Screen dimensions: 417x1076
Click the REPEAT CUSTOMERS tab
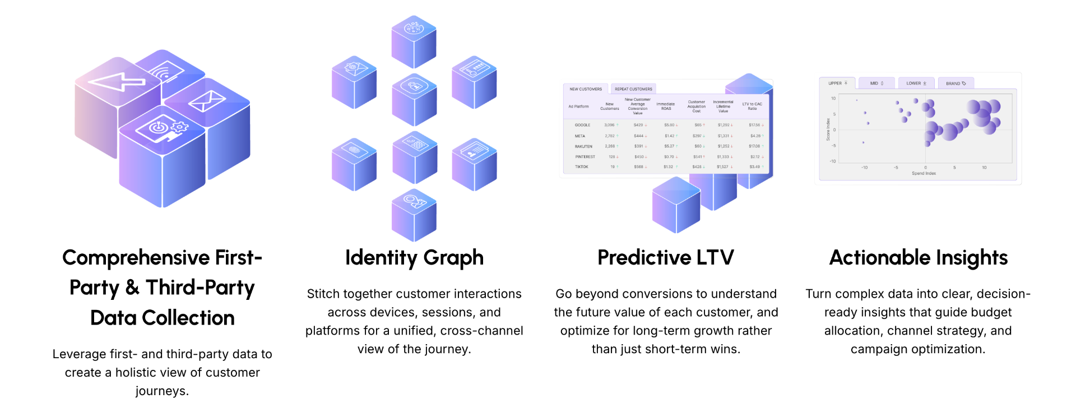[x=633, y=89]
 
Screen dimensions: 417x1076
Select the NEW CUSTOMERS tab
[x=586, y=89]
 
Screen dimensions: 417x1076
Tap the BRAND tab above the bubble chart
[x=956, y=84]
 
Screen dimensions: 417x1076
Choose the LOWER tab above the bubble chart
[x=916, y=84]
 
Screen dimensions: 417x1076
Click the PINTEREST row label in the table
[x=585, y=157]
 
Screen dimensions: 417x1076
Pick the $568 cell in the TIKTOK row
[x=638, y=167]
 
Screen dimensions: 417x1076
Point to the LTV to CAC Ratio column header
[x=752, y=106]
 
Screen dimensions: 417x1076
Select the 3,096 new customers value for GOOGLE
[x=609, y=125]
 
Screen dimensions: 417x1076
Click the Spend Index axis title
[x=924, y=174]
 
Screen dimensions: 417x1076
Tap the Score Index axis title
[x=828, y=129]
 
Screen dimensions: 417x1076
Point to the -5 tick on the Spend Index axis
[x=896, y=168]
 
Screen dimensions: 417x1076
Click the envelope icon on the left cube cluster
[x=206, y=102]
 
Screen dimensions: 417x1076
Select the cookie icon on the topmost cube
[x=414, y=27]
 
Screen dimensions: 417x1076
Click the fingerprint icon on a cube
[x=354, y=150]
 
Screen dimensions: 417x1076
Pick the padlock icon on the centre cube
[x=414, y=86]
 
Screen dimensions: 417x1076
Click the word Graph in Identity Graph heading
[x=453, y=258]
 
